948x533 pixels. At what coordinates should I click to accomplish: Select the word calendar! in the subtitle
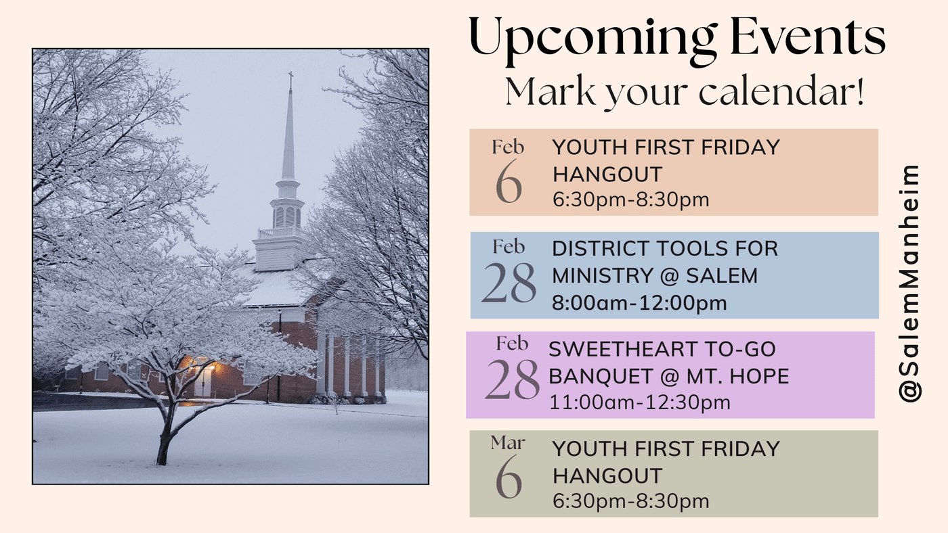click(x=783, y=91)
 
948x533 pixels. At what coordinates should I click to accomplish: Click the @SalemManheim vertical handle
click(x=909, y=283)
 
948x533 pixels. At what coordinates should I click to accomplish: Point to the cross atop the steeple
click(x=290, y=78)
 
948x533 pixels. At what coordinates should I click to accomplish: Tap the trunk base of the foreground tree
click(x=163, y=455)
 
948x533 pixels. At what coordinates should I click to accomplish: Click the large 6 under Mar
click(x=509, y=476)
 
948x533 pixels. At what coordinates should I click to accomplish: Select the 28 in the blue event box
click(x=509, y=282)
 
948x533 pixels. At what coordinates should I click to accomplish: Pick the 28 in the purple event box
click(x=512, y=379)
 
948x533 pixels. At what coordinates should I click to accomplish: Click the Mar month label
click(x=508, y=442)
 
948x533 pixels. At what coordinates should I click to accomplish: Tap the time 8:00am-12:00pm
click(x=639, y=302)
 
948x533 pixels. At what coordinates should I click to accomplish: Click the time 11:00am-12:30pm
click(x=639, y=402)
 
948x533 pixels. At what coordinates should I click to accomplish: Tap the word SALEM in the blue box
click(x=722, y=275)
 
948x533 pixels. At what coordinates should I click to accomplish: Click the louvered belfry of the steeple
click(x=288, y=216)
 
